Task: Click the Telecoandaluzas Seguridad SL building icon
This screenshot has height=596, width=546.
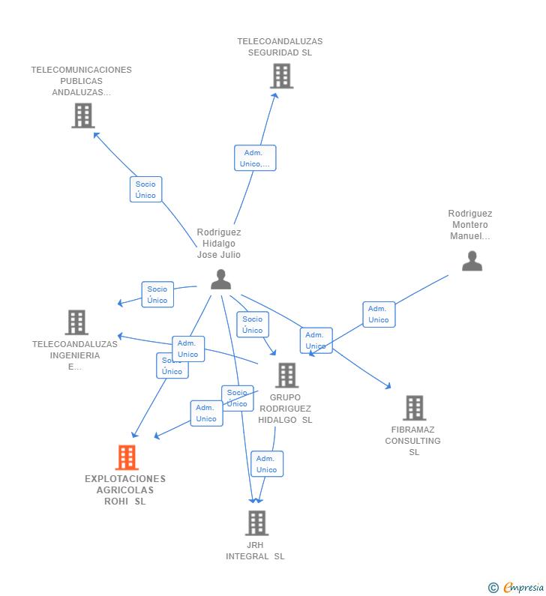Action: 281,76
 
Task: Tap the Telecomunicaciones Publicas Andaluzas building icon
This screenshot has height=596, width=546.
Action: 82,115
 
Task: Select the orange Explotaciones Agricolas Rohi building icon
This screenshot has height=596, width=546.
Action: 127,457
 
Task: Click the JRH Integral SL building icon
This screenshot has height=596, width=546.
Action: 256,523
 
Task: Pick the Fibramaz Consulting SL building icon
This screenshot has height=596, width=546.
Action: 414,408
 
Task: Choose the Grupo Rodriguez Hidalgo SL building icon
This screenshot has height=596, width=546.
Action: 286,375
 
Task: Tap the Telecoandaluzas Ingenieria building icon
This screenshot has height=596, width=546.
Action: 76,322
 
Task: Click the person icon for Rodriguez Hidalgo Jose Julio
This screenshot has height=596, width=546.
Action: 220,279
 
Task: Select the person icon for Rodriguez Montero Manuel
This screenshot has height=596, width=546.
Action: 472,261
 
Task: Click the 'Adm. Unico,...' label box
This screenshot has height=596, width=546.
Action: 255,158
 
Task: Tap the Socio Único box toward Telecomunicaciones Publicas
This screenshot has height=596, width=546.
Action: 145,190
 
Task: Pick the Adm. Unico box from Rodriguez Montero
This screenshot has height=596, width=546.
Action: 379,314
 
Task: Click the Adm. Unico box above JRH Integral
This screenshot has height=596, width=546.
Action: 266,464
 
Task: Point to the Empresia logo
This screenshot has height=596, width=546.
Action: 516,587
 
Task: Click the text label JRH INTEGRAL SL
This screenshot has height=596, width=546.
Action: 256,551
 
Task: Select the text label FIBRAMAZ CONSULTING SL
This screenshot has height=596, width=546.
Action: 413,441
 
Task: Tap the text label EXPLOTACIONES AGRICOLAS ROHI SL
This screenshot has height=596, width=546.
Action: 125,490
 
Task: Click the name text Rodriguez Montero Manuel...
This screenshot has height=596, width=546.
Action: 470,225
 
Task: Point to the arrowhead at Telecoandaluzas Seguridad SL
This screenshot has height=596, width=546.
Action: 275,94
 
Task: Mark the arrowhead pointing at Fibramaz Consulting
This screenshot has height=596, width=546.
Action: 388,386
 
